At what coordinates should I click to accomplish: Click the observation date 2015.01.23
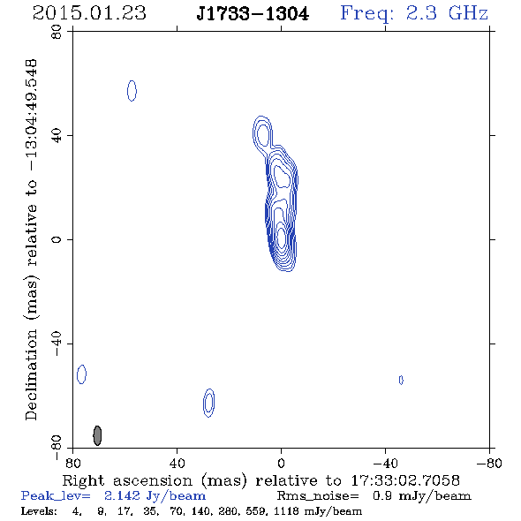click(x=89, y=13)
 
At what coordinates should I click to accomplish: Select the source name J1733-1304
click(x=253, y=14)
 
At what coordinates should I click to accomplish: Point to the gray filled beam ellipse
click(x=97, y=435)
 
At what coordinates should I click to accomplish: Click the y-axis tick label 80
click(x=57, y=32)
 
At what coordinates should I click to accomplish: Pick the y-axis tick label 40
click(x=57, y=136)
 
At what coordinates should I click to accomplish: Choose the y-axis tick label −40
click(x=57, y=344)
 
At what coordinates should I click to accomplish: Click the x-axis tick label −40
click(x=385, y=464)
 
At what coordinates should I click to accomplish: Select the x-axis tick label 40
click(x=177, y=464)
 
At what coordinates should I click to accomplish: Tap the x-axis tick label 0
click(x=281, y=464)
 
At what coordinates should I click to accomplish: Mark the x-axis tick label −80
click(x=489, y=464)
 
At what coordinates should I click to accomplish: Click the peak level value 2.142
click(x=122, y=495)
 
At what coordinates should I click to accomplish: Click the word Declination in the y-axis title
click(x=31, y=374)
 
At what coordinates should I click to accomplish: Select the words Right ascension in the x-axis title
click(x=127, y=480)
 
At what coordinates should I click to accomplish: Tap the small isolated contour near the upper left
click(x=132, y=91)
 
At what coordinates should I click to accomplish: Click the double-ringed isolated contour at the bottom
click(x=208, y=403)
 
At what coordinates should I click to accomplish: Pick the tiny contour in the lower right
click(x=401, y=380)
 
